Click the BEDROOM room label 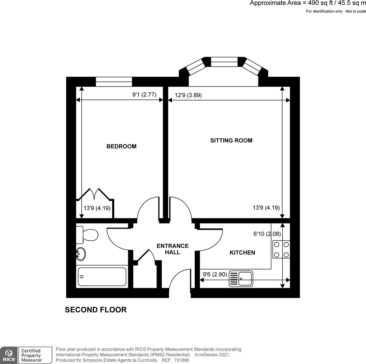point(121,146)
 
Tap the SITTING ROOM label point(231,141)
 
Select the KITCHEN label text point(242,252)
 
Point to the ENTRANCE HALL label point(173,249)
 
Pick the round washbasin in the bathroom point(81,254)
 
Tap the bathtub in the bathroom point(102,276)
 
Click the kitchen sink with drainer point(241,279)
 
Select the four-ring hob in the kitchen point(281,249)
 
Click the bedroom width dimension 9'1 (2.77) point(144,95)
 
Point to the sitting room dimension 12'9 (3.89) point(188,95)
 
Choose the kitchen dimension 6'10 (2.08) point(267,234)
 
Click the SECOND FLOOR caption point(96,310)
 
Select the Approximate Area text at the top point(308,3)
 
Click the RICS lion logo point(8,355)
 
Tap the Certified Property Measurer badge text point(31,356)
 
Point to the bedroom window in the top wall point(114,81)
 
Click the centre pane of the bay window point(224,62)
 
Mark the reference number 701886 point(182,360)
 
